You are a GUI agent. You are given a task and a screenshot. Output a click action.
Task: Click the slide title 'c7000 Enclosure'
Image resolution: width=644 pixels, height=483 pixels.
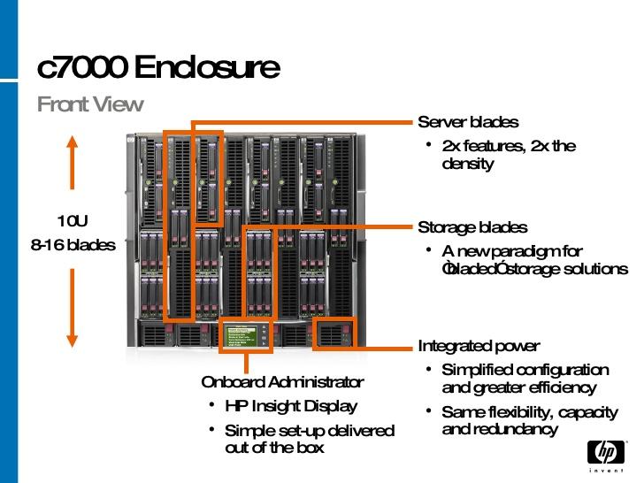[x=159, y=67]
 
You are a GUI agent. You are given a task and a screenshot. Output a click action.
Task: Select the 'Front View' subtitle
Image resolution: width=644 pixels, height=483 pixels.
[x=90, y=104]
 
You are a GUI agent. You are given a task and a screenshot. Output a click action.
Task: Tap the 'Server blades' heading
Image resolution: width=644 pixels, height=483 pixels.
[x=468, y=122]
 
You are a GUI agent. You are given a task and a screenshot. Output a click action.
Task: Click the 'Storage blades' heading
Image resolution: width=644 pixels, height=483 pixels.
[x=472, y=228]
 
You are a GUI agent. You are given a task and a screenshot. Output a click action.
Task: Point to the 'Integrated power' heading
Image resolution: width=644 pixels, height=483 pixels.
[x=479, y=346]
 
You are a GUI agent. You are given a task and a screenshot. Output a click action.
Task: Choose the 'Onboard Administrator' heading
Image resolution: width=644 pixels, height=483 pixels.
[x=282, y=382]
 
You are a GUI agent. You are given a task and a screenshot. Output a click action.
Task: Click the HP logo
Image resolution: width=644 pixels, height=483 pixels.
[x=605, y=452]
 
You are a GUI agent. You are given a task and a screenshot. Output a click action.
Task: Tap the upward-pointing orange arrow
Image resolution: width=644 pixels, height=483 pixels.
[x=73, y=167]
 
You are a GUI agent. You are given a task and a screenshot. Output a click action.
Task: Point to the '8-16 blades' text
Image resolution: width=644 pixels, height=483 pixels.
[x=73, y=245]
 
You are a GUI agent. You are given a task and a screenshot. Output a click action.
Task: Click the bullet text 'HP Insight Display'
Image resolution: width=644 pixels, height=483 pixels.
[x=291, y=406]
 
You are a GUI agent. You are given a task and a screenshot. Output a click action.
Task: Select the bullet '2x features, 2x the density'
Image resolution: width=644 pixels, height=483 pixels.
[x=509, y=155]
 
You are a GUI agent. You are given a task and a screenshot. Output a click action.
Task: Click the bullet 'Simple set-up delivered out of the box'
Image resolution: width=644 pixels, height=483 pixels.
[x=310, y=439]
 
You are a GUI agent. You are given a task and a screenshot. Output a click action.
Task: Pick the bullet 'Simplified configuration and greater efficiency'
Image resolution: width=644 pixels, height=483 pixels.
[x=525, y=379]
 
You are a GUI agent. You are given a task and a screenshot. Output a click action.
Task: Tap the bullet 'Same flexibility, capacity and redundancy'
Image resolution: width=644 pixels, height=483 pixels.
[x=529, y=420]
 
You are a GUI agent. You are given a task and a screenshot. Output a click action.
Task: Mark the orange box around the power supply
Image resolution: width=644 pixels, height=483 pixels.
[x=335, y=333]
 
